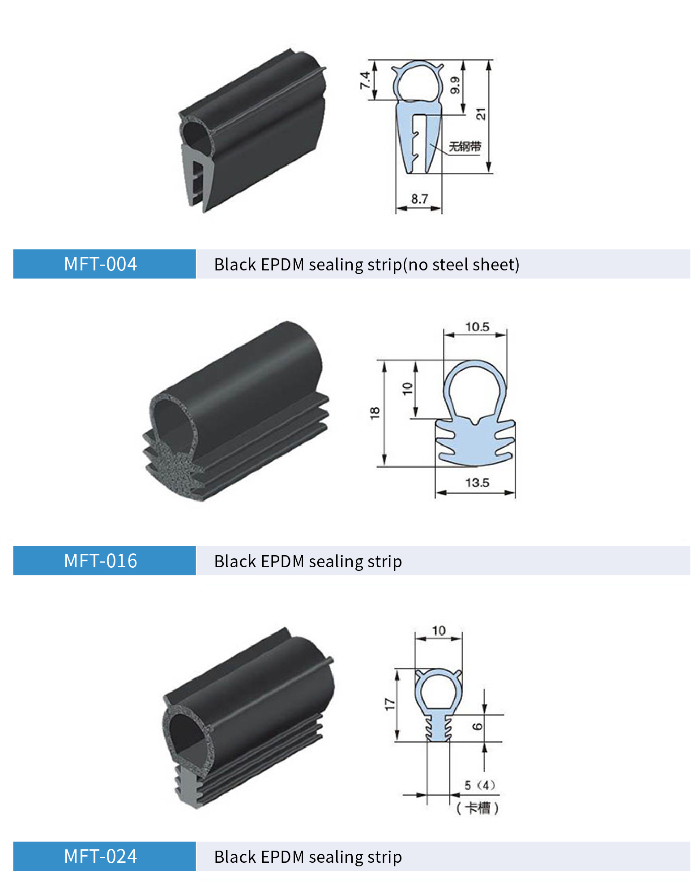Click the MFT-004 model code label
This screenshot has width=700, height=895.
(x=100, y=264)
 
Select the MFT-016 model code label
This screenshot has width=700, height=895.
(x=100, y=561)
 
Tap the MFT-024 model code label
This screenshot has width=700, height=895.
(x=100, y=856)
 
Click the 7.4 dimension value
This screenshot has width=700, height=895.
(x=365, y=80)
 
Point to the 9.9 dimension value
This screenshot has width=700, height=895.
(x=455, y=85)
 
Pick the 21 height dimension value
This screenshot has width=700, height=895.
(x=481, y=114)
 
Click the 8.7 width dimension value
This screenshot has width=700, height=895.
(x=419, y=199)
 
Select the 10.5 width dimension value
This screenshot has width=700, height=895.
(x=477, y=327)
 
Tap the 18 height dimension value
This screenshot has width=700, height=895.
(x=375, y=412)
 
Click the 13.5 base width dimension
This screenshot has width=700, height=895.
(x=477, y=483)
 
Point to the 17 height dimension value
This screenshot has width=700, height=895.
(x=390, y=704)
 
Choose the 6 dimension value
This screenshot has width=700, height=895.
(x=477, y=726)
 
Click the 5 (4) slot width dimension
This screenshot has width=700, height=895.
(x=479, y=785)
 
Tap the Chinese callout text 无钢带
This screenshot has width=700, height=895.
(x=465, y=146)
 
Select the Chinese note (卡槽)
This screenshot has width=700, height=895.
(x=477, y=808)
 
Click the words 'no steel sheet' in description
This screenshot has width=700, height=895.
(x=461, y=265)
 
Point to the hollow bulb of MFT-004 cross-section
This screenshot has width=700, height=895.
(x=418, y=82)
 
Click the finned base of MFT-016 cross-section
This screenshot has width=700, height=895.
(x=475, y=443)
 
